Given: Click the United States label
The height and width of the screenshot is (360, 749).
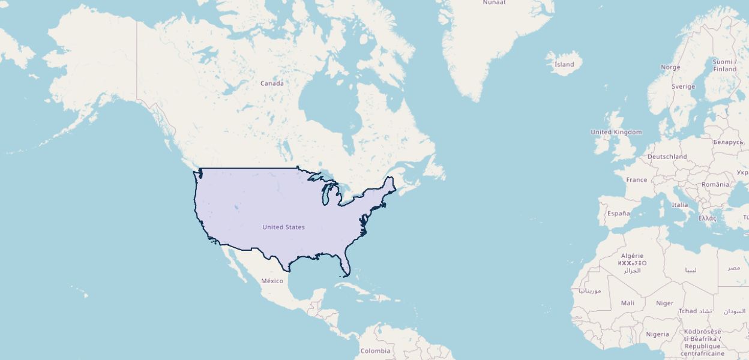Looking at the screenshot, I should click(283, 227).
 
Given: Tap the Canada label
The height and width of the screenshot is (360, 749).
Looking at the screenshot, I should click(272, 83).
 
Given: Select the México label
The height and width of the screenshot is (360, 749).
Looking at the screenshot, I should click(272, 281).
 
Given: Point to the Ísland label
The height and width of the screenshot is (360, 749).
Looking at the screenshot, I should click(564, 65).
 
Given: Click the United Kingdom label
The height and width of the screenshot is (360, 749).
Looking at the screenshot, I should click(616, 132).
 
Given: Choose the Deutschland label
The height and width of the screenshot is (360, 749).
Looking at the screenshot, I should click(667, 157).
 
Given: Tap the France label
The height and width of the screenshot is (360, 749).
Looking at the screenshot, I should click(637, 180).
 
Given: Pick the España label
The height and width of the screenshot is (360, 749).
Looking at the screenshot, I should click(618, 214).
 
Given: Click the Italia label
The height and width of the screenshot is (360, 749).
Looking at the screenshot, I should click(680, 205).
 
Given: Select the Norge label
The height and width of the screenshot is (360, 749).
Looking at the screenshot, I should click(670, 67).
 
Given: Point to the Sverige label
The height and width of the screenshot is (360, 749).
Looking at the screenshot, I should click(683, 86).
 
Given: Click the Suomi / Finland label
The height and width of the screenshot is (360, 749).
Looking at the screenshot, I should click(724, 65).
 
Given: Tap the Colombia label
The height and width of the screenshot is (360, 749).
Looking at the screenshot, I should click(375, 351).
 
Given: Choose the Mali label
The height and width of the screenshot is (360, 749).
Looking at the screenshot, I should click(627, 303).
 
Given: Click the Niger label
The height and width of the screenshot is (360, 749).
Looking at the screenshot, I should click(664, 303).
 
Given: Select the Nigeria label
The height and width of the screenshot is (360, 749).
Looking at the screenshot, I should click(657, 334).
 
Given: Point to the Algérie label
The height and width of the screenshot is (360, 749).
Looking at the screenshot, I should click(632, 256).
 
